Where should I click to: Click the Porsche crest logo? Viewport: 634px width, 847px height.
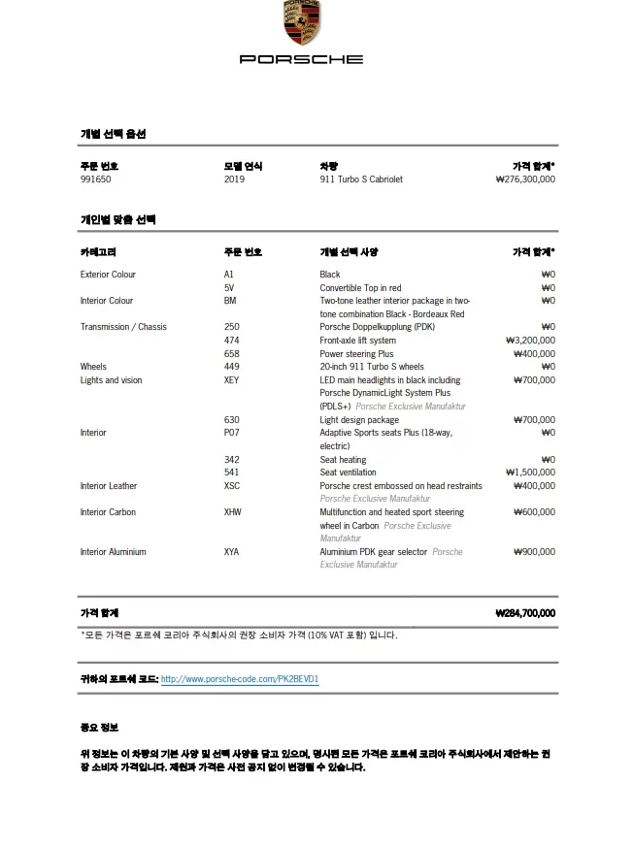click(x=302, y=22)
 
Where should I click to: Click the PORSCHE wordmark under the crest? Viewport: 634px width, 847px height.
click(x=302, y=59)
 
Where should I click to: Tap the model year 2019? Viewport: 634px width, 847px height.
click(x=234, y=179)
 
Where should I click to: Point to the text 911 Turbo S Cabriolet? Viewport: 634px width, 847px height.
click(x=361, y=179)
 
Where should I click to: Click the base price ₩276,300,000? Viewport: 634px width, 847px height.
click(x=525, y=179)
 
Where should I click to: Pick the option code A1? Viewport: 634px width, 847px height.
click(x=228, y=275)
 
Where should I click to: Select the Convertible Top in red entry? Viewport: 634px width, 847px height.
click(x=360, y=288)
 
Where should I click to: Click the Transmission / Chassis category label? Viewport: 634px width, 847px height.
click(x=123, y=327)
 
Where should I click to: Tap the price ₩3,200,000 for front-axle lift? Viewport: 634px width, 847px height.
click(x=530, y=341)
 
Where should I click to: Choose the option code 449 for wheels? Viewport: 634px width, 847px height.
click(x=231, y=367)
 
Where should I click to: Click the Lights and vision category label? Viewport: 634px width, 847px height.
click(x=111, y=380)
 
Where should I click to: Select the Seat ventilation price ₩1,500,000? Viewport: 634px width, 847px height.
click(x=530, y=472)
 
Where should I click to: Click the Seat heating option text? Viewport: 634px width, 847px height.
click(x=343, y=459)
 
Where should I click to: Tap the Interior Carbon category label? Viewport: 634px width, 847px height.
click(x=108, y=512)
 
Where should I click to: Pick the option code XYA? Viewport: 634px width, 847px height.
click(x=231, y=552)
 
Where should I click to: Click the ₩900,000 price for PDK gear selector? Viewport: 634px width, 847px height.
click(x=534, y=552)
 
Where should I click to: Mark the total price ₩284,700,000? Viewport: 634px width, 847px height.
click(x=524, y=613)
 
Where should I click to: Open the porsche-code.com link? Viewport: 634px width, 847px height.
click(x=240, y=679)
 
